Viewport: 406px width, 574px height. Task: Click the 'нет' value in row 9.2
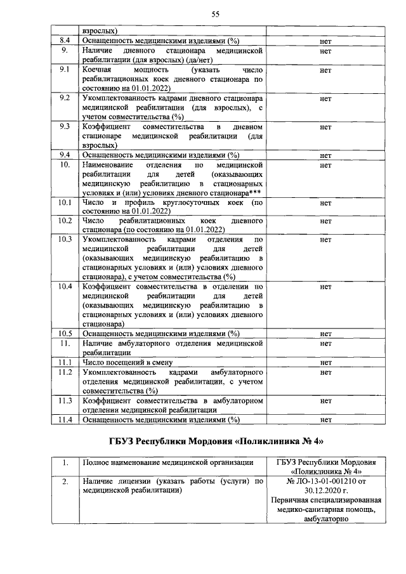pyautogui.click(x=326, y=100)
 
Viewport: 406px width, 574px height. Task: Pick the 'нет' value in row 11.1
pyautogui.click(x=326, y=362)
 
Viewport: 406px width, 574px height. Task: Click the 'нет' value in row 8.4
pyautogui.click(x=326, y=41)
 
